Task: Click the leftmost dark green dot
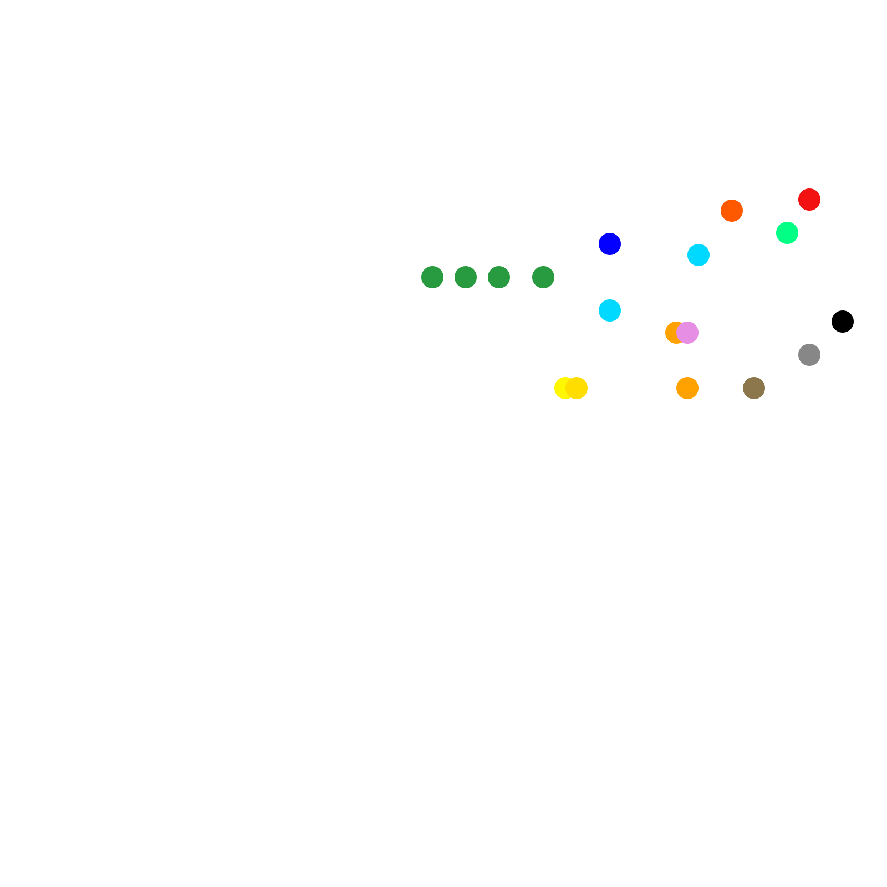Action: [x=432, y=277]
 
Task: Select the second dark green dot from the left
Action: [x=466, y=277]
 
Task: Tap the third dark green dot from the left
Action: [x=499, y=277]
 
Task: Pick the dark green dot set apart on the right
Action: [x=543, y=277]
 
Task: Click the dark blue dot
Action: [x=610, y=244]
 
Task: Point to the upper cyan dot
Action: [x=699, y=255]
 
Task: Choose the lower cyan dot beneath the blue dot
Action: [x=610, y=310]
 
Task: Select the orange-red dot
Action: [x=732, y=211]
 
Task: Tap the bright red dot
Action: [x=809, y=200]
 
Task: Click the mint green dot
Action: [x=787, y=233]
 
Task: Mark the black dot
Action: [x=843, y=322]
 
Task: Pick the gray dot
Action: [x=809, y=355]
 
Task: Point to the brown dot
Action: [x=754, y=388]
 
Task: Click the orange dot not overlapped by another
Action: [x=687, y=388]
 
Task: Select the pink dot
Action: [x=688, y=333]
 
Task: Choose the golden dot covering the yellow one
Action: [x=577, y=388]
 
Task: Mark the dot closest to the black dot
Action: [x=809, y=355]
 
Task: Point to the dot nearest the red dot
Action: [x=787, y=233]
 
